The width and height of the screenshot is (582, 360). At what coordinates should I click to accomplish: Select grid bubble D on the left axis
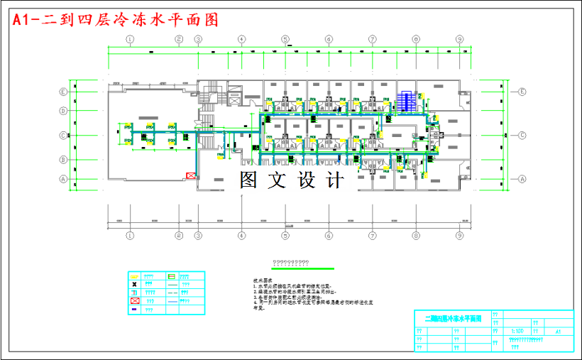[x=63, y=110]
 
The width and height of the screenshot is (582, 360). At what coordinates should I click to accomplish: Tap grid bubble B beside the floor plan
[x=63, y=159]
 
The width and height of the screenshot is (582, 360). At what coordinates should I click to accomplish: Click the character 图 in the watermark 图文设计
[x=249, y=179]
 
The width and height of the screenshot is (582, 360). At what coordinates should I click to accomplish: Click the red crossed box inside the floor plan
[x=190, y=175]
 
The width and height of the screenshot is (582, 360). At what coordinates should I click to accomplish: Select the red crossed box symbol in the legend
[x=133, y=301]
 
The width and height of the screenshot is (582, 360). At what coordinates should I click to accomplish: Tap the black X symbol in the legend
[x=133, y=283]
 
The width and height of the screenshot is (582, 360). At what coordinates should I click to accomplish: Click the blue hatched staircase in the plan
[x=407, y=100]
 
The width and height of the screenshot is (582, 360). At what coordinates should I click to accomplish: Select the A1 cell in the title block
[x=558, y=332]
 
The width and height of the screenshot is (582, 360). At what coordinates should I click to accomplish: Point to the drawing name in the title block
[x=453, y=320]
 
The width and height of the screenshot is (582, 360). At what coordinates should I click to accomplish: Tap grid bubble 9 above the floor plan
[x=460, y=39]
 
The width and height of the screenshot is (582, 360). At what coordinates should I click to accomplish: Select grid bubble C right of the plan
[x=522, y=135]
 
